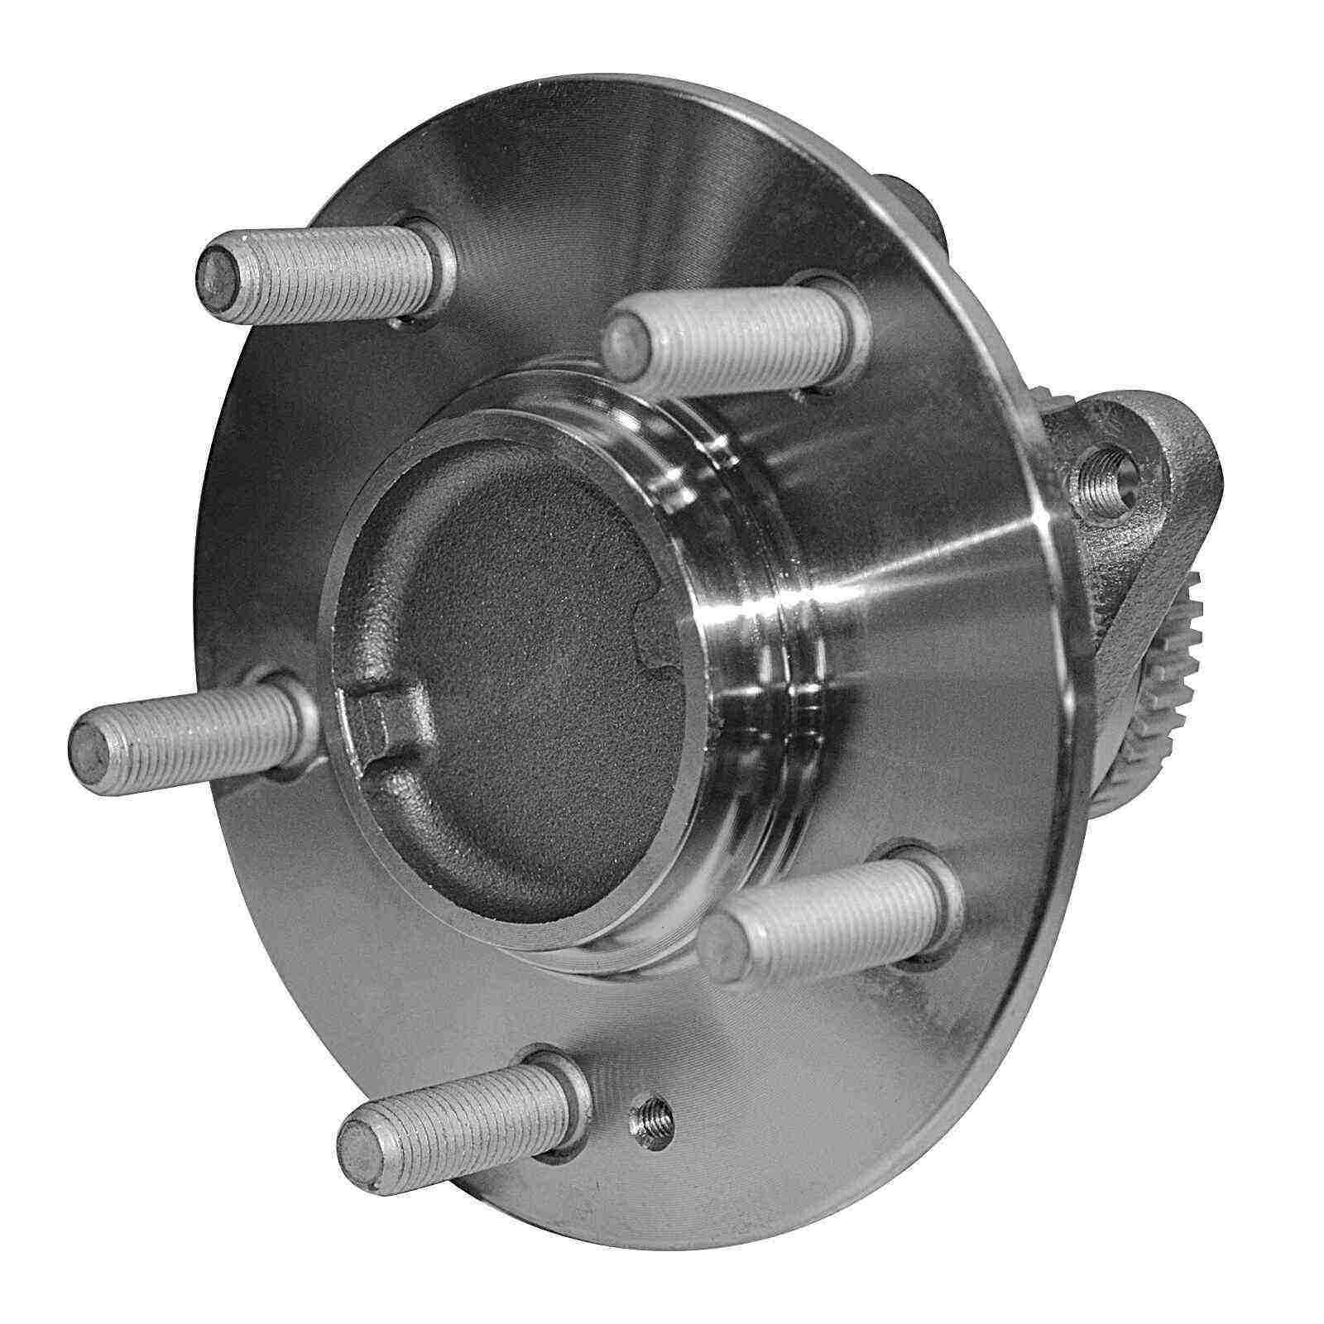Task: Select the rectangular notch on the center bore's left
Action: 377,724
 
